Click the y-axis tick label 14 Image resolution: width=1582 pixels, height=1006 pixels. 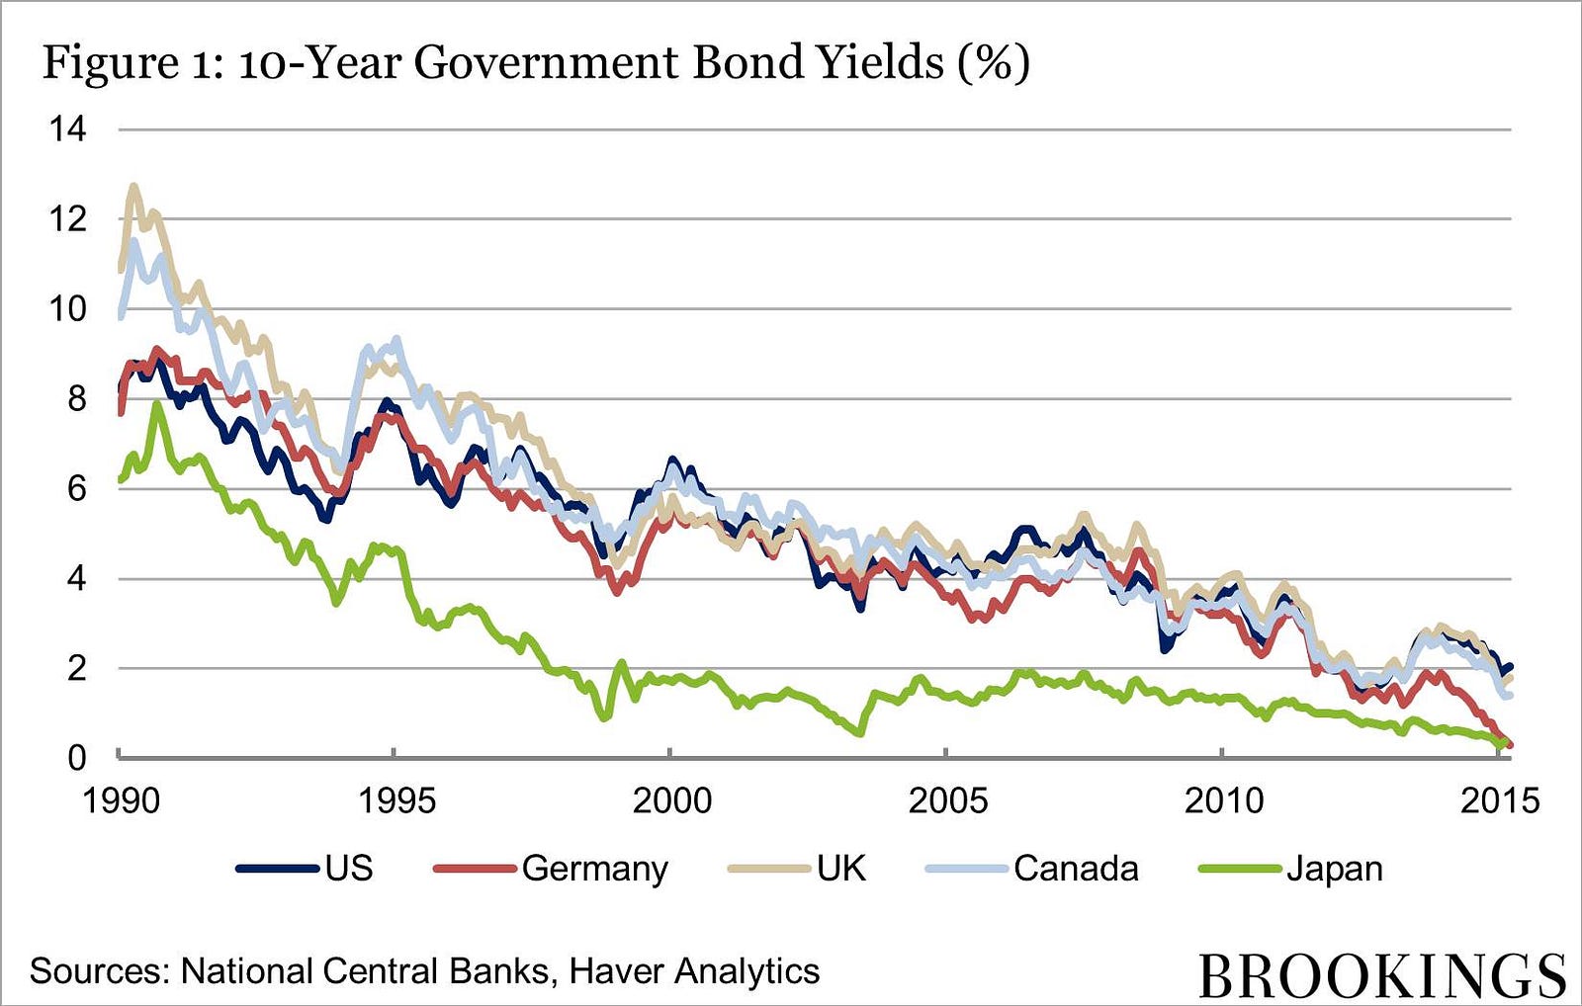(x=68, y=129)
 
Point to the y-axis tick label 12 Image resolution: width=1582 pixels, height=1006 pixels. (x=68, y=219)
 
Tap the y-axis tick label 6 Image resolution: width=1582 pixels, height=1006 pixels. (x=77, y=488)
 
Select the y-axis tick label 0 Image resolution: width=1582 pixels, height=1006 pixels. (x=77, y=758)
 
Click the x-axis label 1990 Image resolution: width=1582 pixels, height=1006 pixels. (x=123, y=801)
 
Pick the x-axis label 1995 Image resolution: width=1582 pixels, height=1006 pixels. (x=397, y=801)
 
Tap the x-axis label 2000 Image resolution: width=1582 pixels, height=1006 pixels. (x=672, y=801)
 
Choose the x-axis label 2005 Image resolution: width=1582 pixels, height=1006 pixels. (x=948, y=801)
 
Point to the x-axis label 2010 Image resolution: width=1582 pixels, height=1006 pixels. (x=1224, y=801)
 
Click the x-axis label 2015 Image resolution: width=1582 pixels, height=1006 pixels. (x=1500, y=801)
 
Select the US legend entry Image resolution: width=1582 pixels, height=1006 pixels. (x=305, y=869)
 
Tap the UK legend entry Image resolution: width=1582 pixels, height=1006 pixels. (x=797, y=869)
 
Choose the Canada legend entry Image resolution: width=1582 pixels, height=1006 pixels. (x=1032, y=869)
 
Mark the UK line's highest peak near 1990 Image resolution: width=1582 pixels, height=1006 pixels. (x=133, y=186)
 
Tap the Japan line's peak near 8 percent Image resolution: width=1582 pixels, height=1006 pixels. (x=157, y=404)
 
